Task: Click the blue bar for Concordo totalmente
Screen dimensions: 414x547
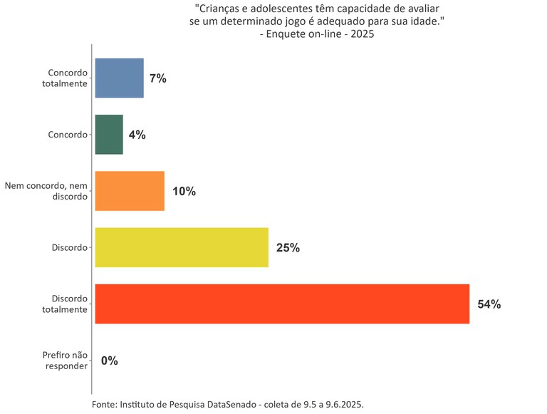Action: (119, 78)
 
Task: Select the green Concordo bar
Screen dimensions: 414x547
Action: (109, 134)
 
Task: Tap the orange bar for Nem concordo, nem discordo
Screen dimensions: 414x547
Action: (130, 191)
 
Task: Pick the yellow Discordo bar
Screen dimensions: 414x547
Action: (182, 247)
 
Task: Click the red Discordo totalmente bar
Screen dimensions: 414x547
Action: (282, 304)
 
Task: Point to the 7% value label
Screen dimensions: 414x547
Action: (158, 78)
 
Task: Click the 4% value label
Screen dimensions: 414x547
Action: (137, 135)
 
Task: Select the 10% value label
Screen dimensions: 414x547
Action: (184, 192)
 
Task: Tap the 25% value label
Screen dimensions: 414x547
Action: (288, 248)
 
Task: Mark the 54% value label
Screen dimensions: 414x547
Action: (489, 304)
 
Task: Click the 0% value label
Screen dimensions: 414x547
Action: (109, 361)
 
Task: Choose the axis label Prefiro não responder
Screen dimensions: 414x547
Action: (65, 361)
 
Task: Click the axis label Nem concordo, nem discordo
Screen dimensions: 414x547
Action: (46, 191)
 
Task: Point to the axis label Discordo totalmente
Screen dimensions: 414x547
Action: (69, 304)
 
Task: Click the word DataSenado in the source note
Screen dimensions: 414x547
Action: (231, 404)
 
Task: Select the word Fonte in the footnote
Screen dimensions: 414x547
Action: (105, 404)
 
